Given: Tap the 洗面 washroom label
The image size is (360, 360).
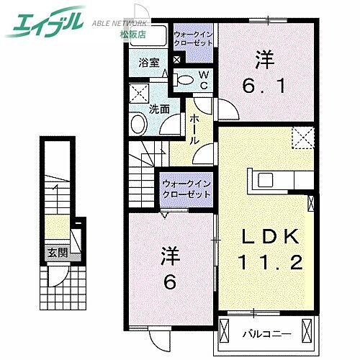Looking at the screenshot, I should [159, 109].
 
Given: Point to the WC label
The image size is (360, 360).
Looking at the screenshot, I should [203, 79].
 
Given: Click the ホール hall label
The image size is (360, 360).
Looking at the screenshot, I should [194, 131].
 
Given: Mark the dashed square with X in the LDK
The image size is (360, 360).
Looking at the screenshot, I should [302, 137].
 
